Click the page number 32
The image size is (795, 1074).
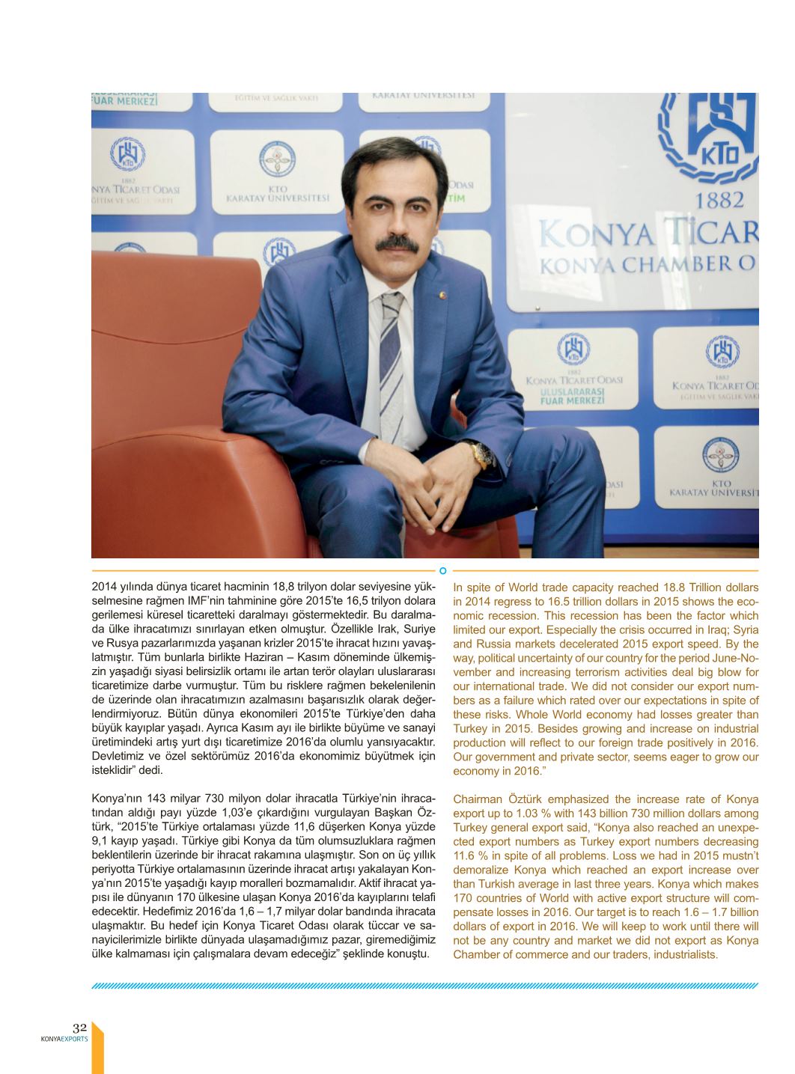pos(80,1028)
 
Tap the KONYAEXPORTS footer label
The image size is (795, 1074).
pos(64,1039)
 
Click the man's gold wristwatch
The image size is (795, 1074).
pos(478,451)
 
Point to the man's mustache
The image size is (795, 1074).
pos(397,243)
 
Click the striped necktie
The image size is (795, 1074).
pos(391,352)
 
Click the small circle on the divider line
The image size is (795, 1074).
pos(443,571)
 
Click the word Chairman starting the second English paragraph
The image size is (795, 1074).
pos(477,799)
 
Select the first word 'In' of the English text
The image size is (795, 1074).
pos(458,588)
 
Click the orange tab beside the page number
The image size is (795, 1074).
pos(97,1048)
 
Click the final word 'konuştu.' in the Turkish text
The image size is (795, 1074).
pos(408,954)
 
